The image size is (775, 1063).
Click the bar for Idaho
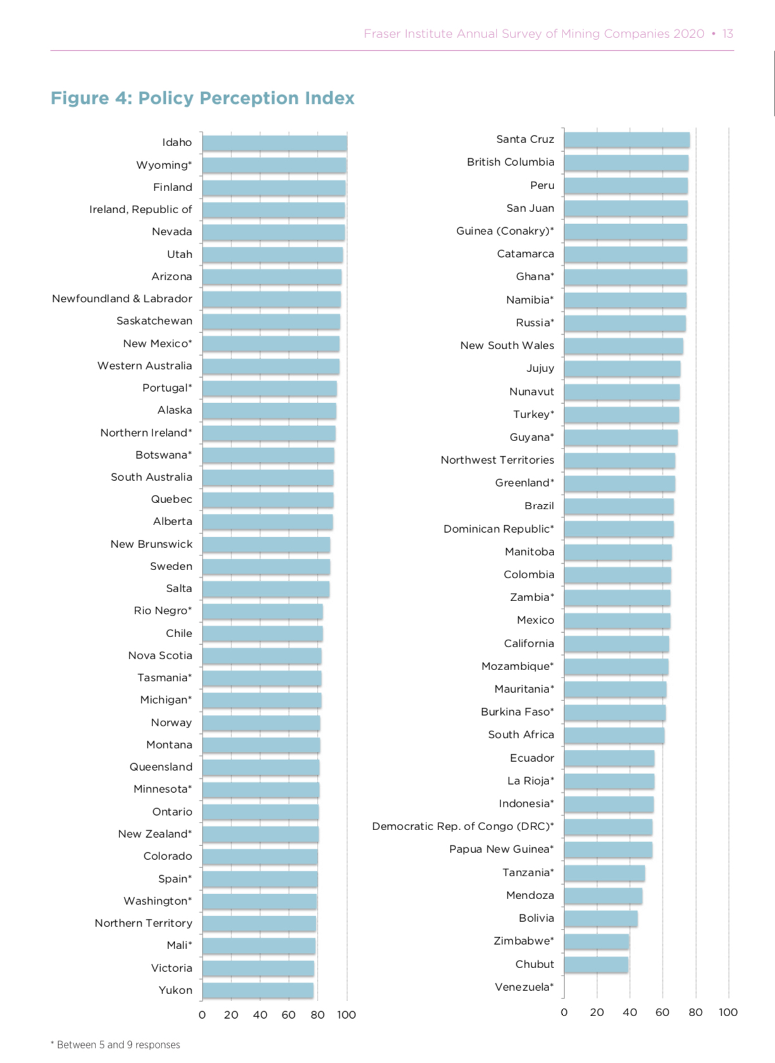pos(275,143)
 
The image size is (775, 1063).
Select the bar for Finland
pos(274,188)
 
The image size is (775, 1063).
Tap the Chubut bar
pos(596,964)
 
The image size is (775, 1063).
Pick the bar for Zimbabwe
pos(597,942)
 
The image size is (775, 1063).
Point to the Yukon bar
pos(258,991)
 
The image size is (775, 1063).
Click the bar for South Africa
pos(614,735)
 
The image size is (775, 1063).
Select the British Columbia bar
pos(626,163)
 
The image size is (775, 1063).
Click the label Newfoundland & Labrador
pos(122,299)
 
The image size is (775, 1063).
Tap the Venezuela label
pos(524,987)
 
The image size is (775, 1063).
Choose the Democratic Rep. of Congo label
pos(462,826)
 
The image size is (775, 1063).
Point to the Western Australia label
pos(144,366)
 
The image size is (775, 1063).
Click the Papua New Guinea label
pos(501,849)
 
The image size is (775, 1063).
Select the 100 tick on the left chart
pos(346,1015)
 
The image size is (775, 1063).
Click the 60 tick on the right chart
pos(662,1012)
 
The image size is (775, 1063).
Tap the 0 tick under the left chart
pos(202,1015)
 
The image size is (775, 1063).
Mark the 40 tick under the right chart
pos(629,1012)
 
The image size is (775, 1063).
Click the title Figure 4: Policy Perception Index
pos(202,98)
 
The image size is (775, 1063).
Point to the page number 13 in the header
pos(728,34)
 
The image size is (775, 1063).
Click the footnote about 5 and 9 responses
pos(115,1045)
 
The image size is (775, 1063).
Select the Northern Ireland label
pos(146,433)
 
